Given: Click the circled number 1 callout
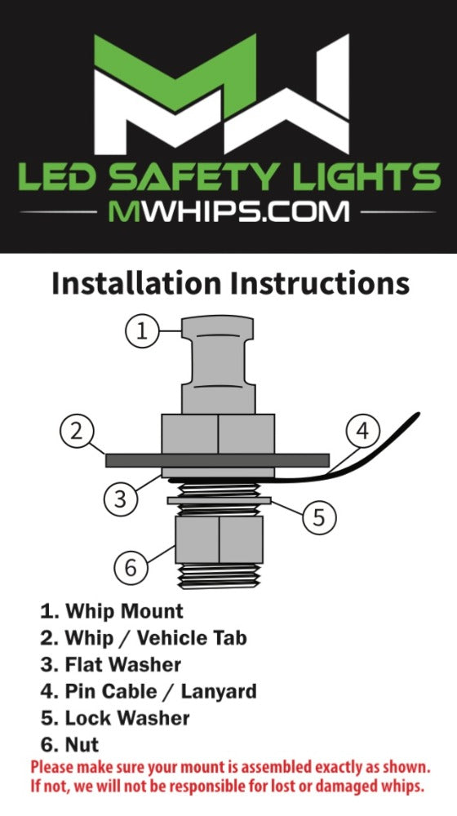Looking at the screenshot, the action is coord(142,331).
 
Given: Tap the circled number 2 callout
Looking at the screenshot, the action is coord(77,432).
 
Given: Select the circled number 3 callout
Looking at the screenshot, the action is coord(120,499).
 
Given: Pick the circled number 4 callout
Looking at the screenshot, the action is coord(363,432).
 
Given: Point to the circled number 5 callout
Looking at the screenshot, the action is coord(319,517).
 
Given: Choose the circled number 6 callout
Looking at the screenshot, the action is coord(131,567).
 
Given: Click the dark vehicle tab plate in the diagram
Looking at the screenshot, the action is coord(218,460).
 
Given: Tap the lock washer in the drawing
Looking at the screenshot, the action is coord(220,501).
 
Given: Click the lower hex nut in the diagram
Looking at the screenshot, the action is coord(220,539).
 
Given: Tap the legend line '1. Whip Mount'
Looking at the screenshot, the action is coord(112,611).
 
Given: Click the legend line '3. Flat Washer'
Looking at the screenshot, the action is coord(111,664).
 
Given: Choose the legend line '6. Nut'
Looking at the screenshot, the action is coord(69,745).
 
